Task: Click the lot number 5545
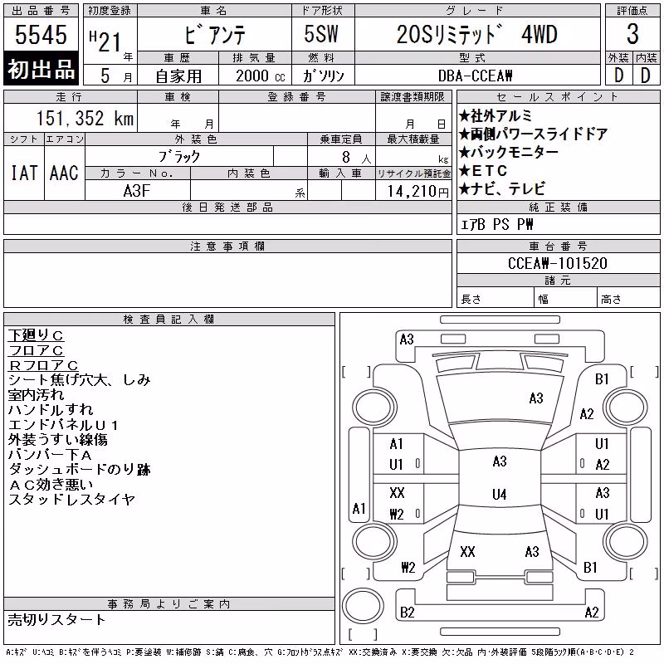tap(41, 35)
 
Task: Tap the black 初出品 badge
tap(41, 69)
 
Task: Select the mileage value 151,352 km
tap(85, 118)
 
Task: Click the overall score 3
tap(632, 34)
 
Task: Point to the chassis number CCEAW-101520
tap(557, 263)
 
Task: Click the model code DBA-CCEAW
tap(475, 76)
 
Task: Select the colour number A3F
tap(137, 191)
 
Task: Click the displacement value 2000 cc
tap(260, 76)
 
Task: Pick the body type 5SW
tap(321, 34)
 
